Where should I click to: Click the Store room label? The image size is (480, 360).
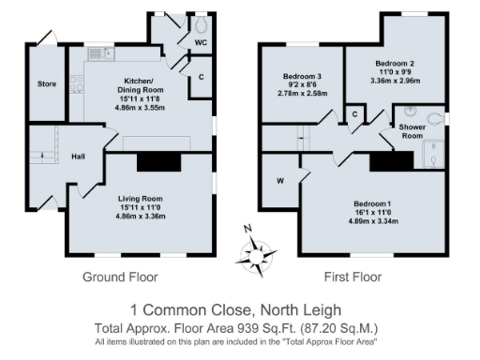click(47, 84)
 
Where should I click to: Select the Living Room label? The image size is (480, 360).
click(140, 199)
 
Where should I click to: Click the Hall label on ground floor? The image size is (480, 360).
click(79, 156)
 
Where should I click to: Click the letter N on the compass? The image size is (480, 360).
click(247, 231)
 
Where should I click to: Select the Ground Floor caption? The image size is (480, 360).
click(120, 277)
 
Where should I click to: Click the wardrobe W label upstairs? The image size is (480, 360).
click(280, 181)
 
